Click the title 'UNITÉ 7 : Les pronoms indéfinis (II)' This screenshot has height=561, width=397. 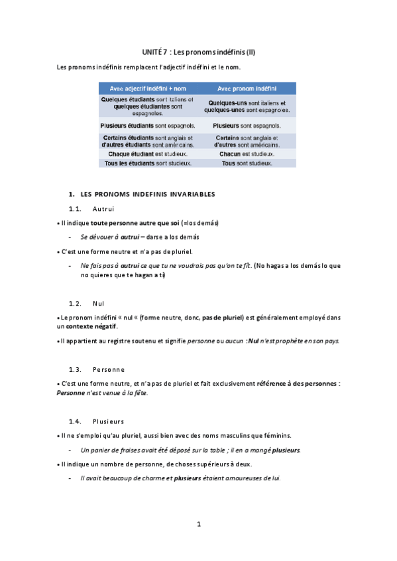[198, 52]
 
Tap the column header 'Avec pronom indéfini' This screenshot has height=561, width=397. [247, 89]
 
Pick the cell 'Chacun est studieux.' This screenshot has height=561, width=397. [247, 153]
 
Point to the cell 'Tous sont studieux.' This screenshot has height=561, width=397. [247, 163]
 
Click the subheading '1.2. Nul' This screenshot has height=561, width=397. [87, 303]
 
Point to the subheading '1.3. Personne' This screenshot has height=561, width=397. [97, 368]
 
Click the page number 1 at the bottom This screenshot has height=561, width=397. [198, 525]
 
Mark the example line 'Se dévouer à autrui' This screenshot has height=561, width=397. [109, 237]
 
